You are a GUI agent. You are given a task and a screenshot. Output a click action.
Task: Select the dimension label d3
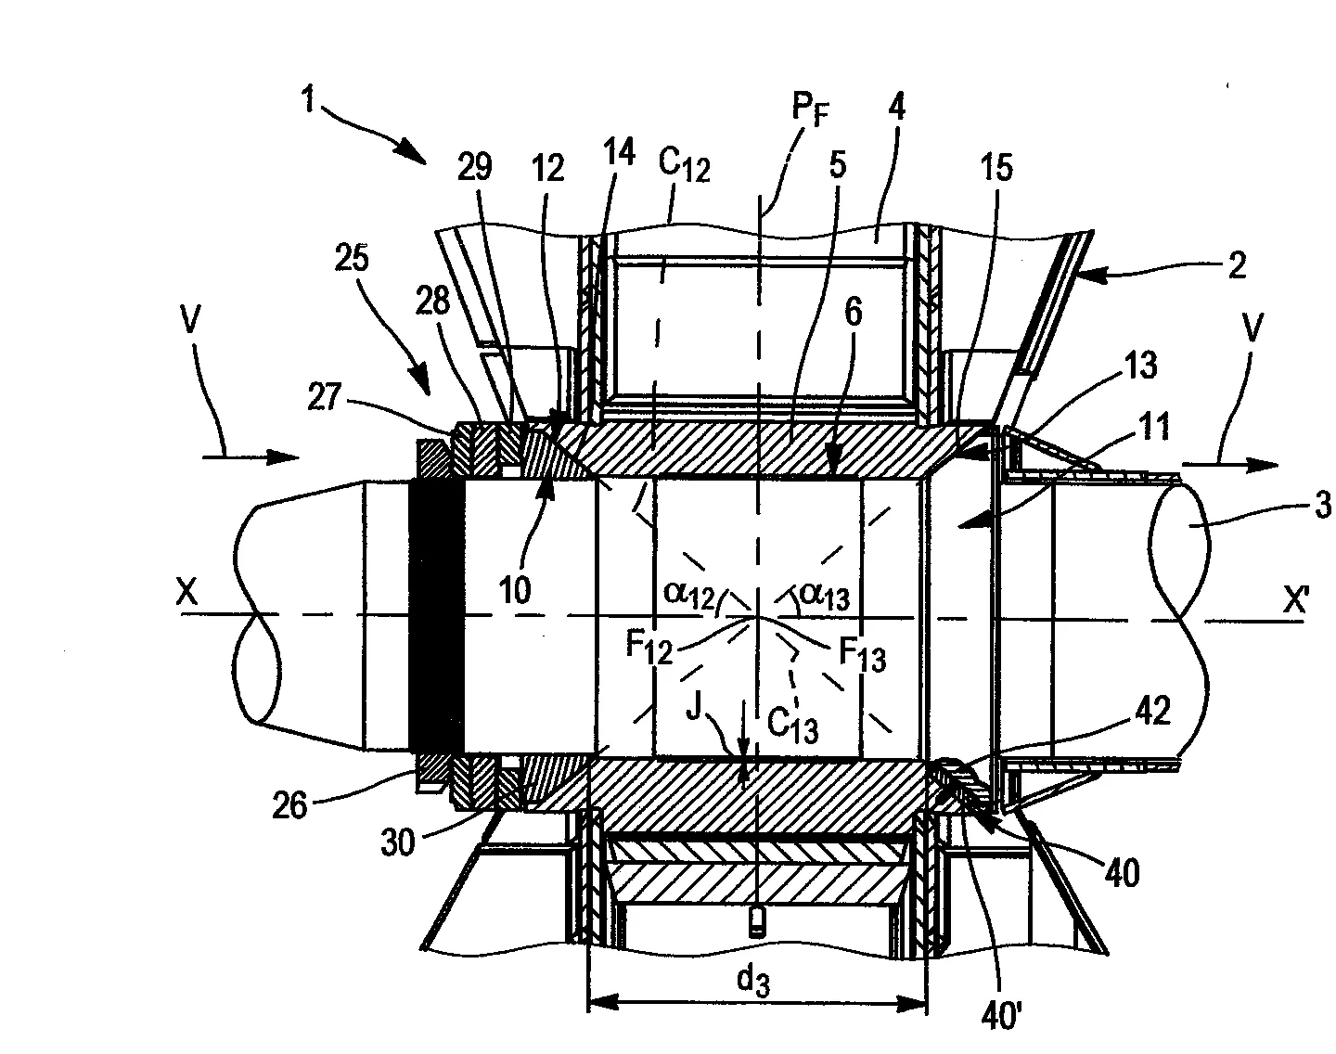pyautogui.click(x=753, y=981)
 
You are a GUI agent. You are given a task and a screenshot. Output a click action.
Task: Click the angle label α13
pyautogui.click(x=825, y=596)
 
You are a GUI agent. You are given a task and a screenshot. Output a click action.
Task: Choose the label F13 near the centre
pyautogui.click(x=862, y=655)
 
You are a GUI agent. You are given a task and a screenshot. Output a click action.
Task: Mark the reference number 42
pyautogui.click(x=1153, y=711)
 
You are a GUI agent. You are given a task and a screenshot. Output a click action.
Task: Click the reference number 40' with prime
pyautogui.click(x=1001, y=1016)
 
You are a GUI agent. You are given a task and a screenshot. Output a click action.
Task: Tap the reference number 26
pyautogui.click(x=289, y=806)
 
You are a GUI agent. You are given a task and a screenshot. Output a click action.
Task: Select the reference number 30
pyautogui.click(x=397, y=842)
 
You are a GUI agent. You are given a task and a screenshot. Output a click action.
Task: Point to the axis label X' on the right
pyautogui.click(x=1295, y=600)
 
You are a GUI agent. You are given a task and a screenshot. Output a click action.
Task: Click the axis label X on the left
pyautogui.click(x=186, y=591)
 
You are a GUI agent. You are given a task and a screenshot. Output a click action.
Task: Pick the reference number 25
pyautogui.click(x=352, y=257)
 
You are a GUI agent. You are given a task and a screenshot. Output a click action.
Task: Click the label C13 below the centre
pyautogui.click(x=792, y=725)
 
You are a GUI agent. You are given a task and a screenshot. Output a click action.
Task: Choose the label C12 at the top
pyautogui.click(x=684, y=166)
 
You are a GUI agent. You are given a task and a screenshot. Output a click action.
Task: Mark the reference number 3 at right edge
pyautogui.click(x=1322, y=505)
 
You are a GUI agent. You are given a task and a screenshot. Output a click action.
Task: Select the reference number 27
pyautogui.click(x=325, y=397)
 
